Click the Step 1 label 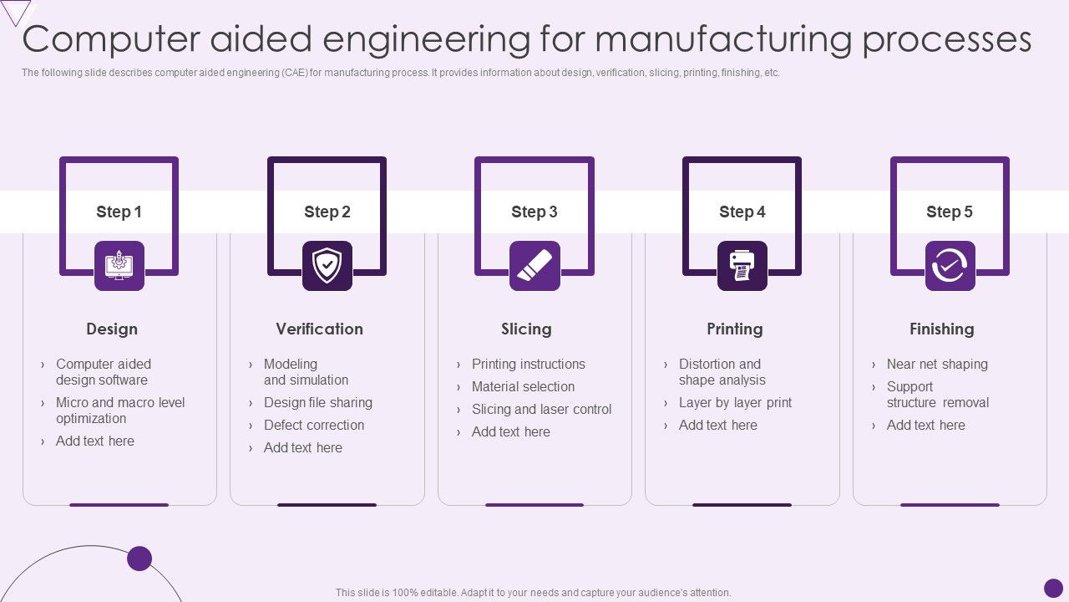pyautogui.click(x=119, y=212)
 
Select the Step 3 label pyautogui.click(x=534, y=212)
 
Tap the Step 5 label pyautogui.click(x=950, y=212)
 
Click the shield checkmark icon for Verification pyautogui.click(x=327, y=266)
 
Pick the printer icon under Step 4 pyautogui.click(x=742, y=266)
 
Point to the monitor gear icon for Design pyautogui.click(x=119, y=266)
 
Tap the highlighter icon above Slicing pyautogui.click(x=534, y=266)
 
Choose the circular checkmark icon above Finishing pyautogui.click(x=950, y=266)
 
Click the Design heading pyautogui.click(x=112, y=329)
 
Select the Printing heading pyautogui.click(x=735, y=329)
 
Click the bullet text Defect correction pyautogui.click(x=314, y=426)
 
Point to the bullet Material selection pyautogui.click(x=523, y=387)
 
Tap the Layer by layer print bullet pyautogui.click(x=735, y=403)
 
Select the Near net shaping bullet pyautogui.click(x=937, y=365)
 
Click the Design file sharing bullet pyautogui.click(x=318, y=403)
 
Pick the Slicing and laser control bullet pyautogui.click(x=541, y=410)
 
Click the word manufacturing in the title pyautogui.click(x=724, y=39)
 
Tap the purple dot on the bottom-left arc pyautogui.click(x=139, y=559)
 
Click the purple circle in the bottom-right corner pyautogui.click(x=1053, y=588)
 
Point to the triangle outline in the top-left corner pyautogui.click(x=17, y=11)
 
